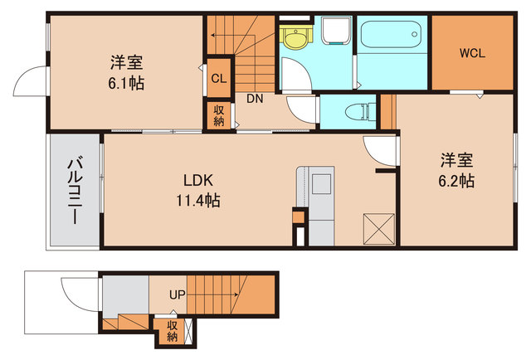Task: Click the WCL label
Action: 472,53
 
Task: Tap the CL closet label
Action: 219,79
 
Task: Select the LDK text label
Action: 198,181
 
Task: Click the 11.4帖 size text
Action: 198,201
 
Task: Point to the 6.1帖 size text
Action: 126,83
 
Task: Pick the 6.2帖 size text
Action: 456,181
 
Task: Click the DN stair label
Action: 255,99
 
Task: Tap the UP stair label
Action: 177,294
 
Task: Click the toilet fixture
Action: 360,111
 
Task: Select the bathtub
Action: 391,35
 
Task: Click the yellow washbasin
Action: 295,37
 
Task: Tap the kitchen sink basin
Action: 321,184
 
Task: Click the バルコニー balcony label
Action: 75,191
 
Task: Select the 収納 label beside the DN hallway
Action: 219,115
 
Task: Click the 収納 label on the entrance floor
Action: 172,331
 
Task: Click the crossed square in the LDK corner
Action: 379,229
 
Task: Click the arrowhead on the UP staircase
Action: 236,295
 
